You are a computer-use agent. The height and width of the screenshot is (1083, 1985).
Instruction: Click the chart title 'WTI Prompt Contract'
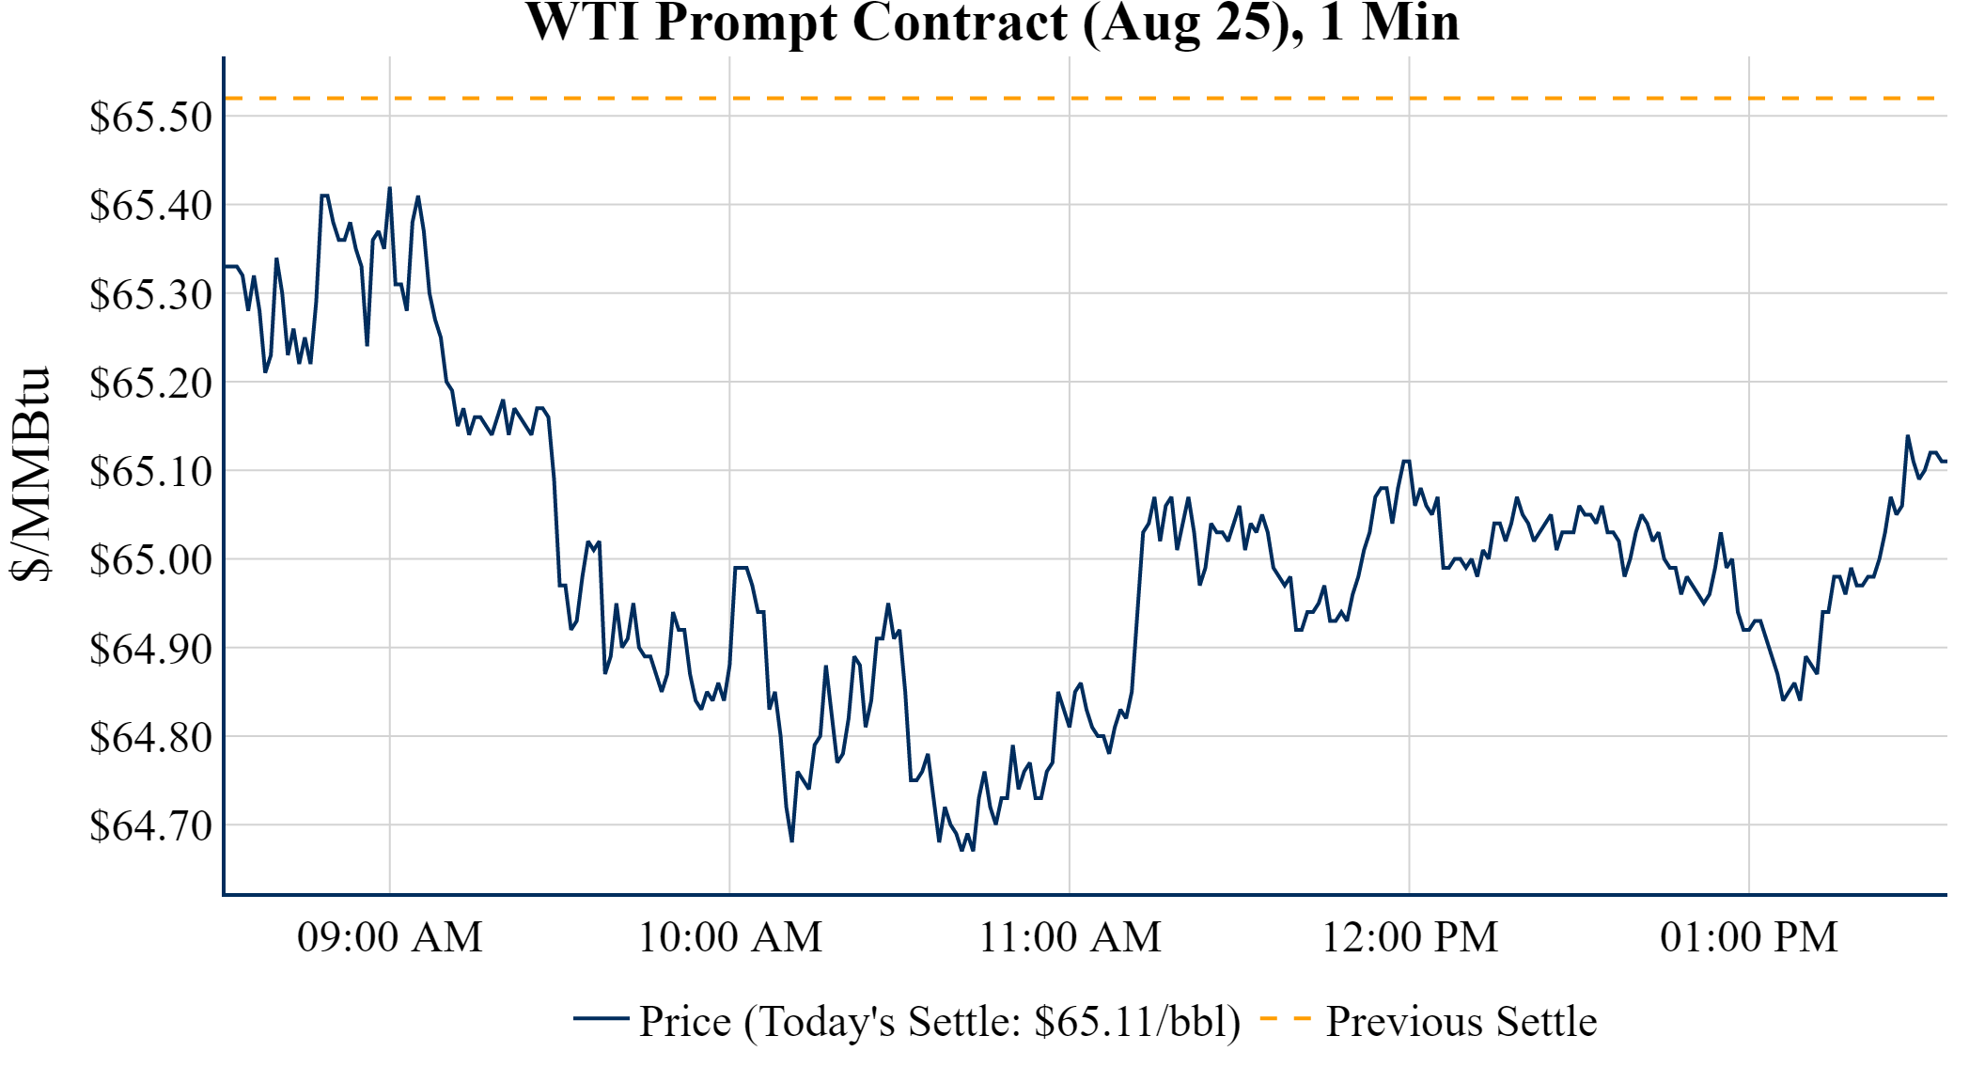pyautogui.click(x=992, y=23)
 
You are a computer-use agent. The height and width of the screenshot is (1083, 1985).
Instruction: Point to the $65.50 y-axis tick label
pyautogui.click(x=150, y=118)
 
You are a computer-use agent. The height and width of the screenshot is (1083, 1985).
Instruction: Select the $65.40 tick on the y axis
pyautogui.click(x=150, y=205)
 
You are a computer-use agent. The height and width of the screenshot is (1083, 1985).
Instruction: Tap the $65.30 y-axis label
pyautogui.click(x=150, y=294)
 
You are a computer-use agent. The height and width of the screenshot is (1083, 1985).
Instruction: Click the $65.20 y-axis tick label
pyautogui.click(x=150, y=383)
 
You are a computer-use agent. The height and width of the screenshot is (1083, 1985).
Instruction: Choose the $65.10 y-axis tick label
pyautogui.click(x=150, y=471)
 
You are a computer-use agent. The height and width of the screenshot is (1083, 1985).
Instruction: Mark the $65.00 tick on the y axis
pyautogui.click(x=150, y=559)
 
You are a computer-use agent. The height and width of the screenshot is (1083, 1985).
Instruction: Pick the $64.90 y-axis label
pyautogui.click(x=150, y=649)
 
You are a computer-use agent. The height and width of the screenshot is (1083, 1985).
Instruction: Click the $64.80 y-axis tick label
pyautogui.click(x=150, y=737)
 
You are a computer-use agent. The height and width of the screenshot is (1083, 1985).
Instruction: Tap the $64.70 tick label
pyautogui.click(x=150, y=825)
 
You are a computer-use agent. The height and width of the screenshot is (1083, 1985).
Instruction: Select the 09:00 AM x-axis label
pyautogui.click(x=390, y=937)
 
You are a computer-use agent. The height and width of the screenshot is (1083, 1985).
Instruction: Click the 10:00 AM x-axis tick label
pyautogui.click(x=730, y=937)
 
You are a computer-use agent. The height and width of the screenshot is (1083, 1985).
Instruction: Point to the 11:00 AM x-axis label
pyautogui.click(x=1071, y=937)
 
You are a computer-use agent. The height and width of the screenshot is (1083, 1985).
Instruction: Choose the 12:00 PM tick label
pyautogui.click(x=1410, y=937)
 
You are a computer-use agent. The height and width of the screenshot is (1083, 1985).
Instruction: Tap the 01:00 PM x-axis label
pyautogui.click(x=1749, y=937)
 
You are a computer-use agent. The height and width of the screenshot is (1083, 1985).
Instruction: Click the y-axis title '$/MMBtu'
pyautogui.click(x=30, y=475)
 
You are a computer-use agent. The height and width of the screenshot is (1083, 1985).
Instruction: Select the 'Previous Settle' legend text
pyautogui.click(x=1461, y=1022)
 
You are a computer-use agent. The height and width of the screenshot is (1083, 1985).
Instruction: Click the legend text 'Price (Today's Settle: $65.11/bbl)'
pyautogui.click(x=940, y=1022)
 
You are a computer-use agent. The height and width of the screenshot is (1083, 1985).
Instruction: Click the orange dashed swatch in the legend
pyautogui.click(x=1285, y=1019)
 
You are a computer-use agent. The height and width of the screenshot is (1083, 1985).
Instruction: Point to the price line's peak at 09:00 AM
pyautogui.click(x=390, y=188)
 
